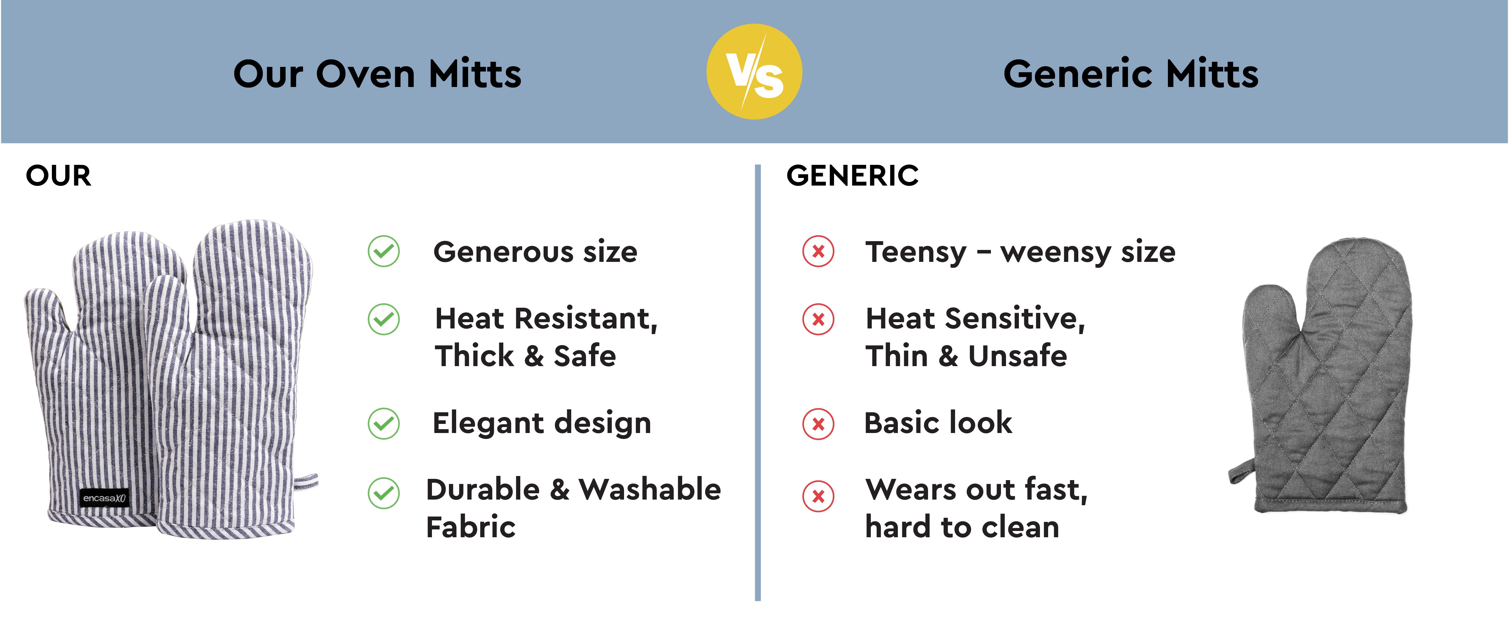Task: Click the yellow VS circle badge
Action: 754,71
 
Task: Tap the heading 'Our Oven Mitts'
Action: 377,74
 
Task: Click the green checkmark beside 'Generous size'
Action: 384,251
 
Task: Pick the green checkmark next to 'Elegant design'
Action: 384,423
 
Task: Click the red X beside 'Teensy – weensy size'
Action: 818,251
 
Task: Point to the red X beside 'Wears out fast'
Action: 818,496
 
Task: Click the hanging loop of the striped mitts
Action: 306,482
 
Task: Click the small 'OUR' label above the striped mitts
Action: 58,176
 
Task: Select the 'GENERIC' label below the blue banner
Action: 852,176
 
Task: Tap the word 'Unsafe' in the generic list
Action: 1018,356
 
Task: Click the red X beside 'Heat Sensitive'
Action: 818,320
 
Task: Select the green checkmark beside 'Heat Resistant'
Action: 384,320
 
